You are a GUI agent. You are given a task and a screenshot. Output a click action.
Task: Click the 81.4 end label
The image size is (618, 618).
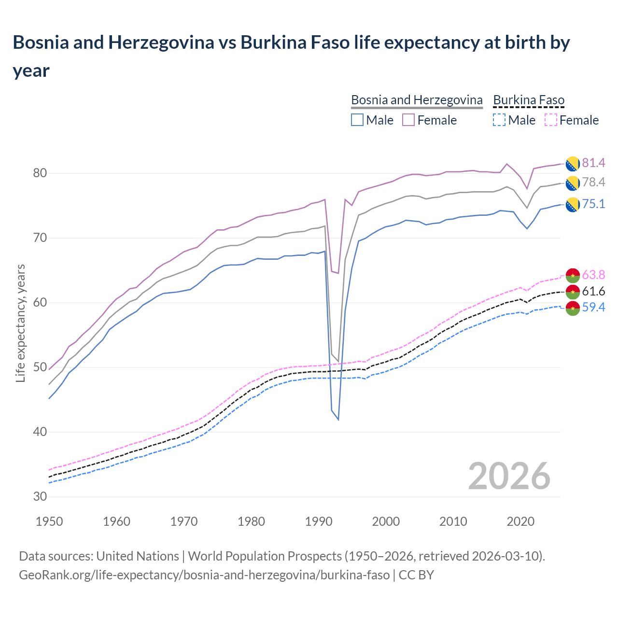click(x=593, y=163)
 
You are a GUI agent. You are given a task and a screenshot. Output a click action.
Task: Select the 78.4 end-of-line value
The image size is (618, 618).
click(x=593, y=182)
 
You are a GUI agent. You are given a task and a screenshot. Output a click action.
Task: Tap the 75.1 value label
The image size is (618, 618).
click(x=593, y=204)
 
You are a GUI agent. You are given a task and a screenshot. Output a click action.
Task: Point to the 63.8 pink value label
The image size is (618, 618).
click(x=593, y=275)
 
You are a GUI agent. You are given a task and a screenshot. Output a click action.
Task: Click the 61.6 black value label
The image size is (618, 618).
click(x=593, y=291)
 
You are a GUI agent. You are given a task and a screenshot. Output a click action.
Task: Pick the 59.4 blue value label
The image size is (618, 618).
click(x=593, y=307)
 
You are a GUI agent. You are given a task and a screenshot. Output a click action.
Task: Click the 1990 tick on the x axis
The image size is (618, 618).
click(x=319, y=521)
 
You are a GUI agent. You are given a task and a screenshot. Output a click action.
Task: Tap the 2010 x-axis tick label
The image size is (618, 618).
click(x=453, y=521)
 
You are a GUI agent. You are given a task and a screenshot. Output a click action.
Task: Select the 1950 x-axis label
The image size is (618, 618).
click(x=49, y=521)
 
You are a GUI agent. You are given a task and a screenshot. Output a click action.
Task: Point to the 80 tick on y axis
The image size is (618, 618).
click(x=40, y=173)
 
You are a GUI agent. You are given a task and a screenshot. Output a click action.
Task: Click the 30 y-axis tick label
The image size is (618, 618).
click(x=40, y=496)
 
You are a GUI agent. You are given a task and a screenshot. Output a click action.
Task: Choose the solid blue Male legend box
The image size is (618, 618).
click(x=357, y=120)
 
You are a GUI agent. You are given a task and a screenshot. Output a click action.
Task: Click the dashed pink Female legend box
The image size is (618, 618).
click(x=550, y=120)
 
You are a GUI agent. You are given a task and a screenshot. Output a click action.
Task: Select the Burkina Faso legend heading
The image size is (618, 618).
click(x=529, y=100)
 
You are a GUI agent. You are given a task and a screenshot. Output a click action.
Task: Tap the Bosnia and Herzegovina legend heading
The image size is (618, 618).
click(x=417, y=100)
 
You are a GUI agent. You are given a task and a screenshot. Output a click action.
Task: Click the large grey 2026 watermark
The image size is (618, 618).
click(x=509, y=476)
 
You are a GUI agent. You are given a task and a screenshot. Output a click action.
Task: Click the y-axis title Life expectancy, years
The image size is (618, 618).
click(x=20, y=323)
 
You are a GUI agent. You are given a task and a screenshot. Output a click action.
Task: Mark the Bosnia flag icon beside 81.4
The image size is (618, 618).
click(x=572, y=164)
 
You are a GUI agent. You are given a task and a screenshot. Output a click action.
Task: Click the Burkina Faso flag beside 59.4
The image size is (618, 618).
click(x=572, y=308)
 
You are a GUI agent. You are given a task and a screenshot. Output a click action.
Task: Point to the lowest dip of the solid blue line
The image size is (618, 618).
click(x=338, y=419)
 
